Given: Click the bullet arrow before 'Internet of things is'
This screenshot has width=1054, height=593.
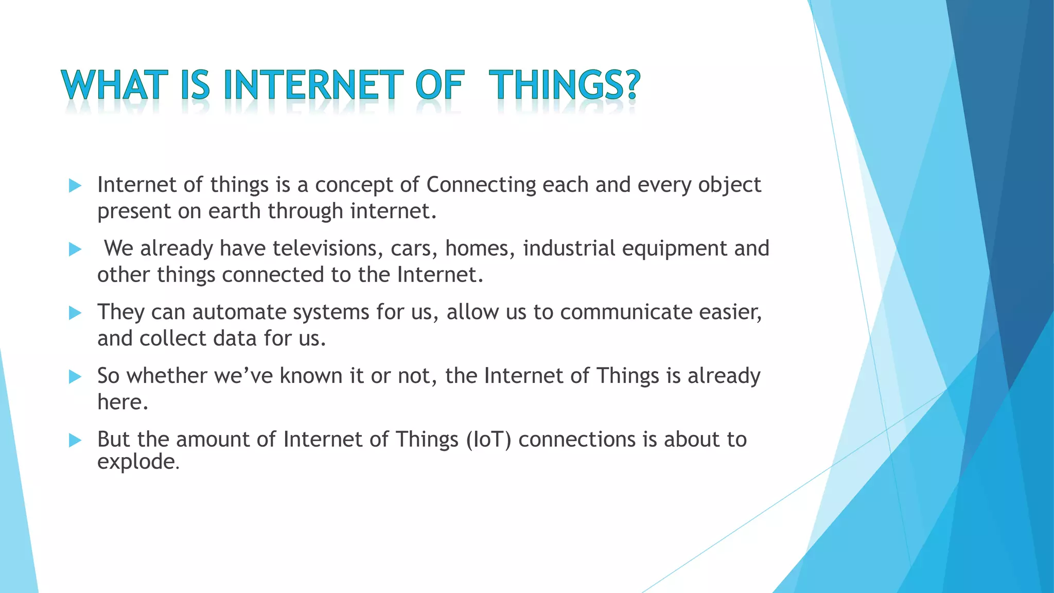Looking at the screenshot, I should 75,186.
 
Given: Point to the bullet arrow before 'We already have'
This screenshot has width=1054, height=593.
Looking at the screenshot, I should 75,250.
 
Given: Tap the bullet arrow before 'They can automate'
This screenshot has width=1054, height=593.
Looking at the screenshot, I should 75,313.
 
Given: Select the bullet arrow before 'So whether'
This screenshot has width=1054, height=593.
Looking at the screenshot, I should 75,377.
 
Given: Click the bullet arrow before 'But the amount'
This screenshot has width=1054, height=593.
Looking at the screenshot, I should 75,440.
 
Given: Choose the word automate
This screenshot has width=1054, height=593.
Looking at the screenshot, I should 239,312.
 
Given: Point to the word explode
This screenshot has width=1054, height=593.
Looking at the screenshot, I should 136,462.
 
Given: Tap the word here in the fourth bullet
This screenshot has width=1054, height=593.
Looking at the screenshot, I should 122,402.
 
